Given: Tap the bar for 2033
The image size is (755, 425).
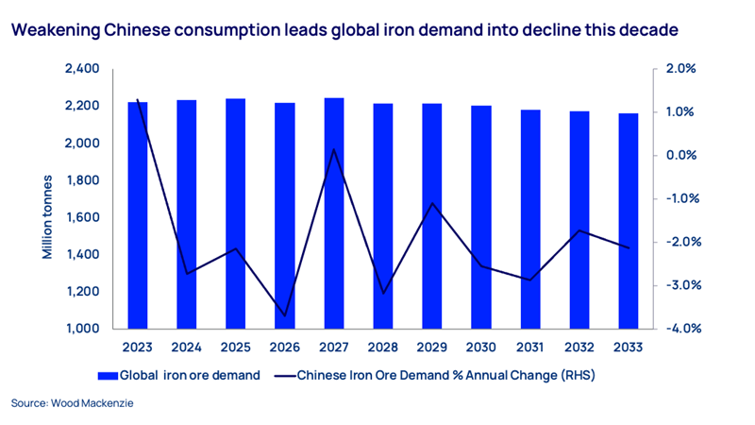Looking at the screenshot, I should click(629, 221).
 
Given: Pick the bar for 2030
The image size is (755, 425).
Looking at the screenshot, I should click(481, 217).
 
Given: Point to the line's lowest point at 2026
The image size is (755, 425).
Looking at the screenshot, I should click(285, 316).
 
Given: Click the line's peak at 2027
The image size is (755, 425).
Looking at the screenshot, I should click(334, 149).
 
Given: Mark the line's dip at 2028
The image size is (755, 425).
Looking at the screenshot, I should click(383, 294).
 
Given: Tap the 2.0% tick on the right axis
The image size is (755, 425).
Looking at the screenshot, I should click(679, 69).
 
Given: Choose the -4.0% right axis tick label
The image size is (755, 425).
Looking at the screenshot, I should click(679, 329).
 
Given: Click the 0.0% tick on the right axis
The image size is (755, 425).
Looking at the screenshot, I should click(679, 156).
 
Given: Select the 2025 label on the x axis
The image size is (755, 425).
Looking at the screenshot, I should click(236, 347).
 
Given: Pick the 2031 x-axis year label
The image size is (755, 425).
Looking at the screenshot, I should click(530, 347).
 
